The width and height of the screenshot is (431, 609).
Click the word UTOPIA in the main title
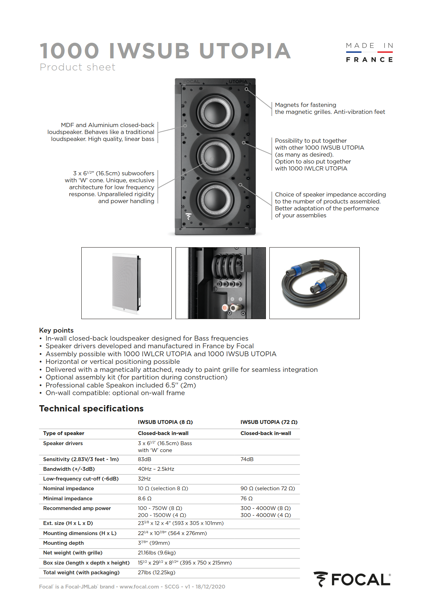[245, 51]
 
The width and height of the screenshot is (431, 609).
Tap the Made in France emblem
[369, 52]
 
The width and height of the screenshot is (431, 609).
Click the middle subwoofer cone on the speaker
[215, 156]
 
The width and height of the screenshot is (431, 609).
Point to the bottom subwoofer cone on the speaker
[215, 200]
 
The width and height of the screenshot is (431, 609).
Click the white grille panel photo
[127, 283]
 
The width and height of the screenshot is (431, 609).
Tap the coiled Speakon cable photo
[314, 283]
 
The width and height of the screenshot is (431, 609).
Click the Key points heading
[56, 330]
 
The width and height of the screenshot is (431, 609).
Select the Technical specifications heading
[91, 409]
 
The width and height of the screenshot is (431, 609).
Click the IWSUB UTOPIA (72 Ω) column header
[269, 422]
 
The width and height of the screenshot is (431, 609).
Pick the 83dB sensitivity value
[145, 459]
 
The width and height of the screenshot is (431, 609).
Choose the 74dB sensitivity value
[247, 459]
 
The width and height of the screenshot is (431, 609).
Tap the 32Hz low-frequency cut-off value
[144, 479]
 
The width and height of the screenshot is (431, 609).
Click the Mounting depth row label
[64, 543]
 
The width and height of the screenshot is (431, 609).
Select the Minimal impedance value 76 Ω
[246, 499]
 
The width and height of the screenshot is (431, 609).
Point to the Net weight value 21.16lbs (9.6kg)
[157, 553]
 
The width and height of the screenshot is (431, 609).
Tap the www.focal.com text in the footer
[139, 587]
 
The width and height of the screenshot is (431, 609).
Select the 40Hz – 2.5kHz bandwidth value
[156, 469]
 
